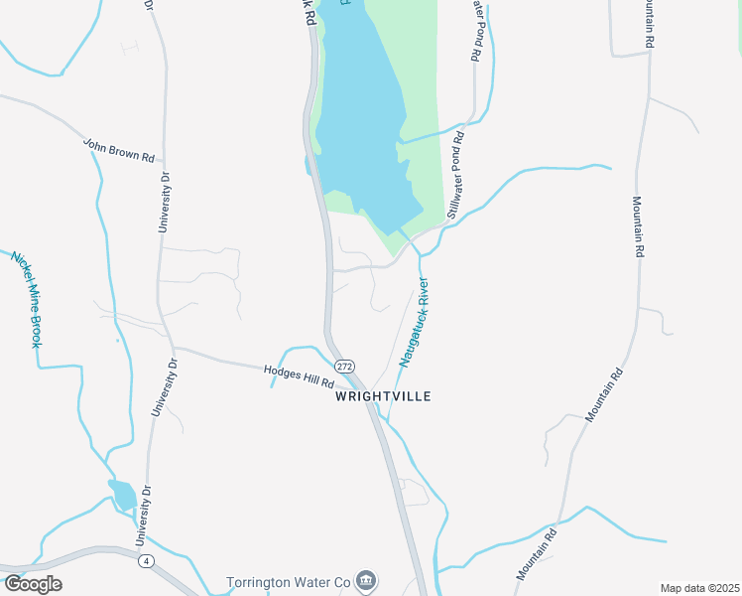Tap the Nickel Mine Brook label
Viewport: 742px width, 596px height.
coord(27,298)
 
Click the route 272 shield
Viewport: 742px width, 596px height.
coord(343,367)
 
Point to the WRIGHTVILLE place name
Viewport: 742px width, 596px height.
coord(383,396)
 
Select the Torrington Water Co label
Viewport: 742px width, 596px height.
coord(289,581)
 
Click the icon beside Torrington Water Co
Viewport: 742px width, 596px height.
coord(366,580)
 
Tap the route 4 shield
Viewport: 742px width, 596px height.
coord(147,561)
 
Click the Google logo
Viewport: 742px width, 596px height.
coord(33,583)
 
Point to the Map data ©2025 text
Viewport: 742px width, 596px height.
coord(698,588)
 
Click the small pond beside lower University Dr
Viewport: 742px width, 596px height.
coord(123,494)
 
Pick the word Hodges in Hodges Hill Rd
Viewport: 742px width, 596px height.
coord(282,373)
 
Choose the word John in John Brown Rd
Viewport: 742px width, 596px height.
coord(95,144)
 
